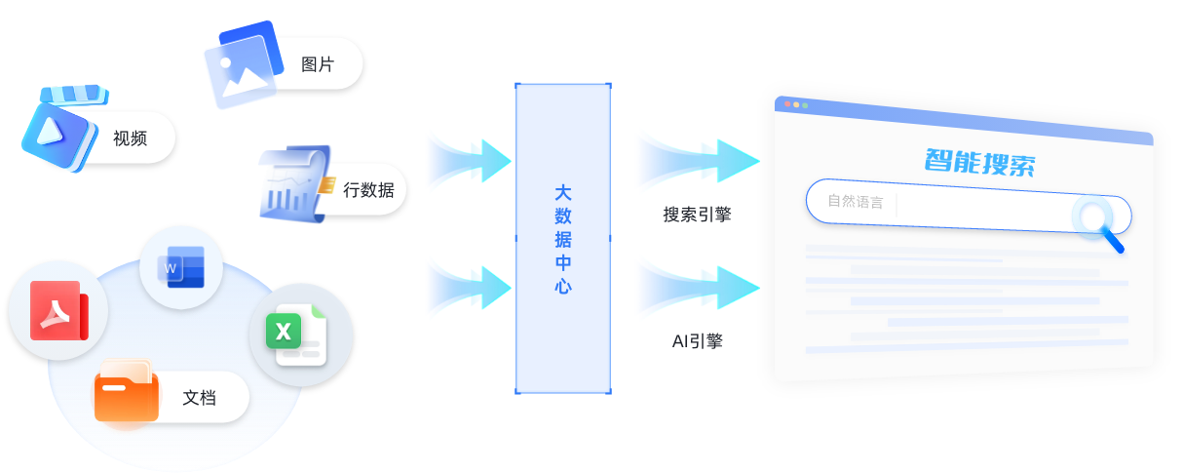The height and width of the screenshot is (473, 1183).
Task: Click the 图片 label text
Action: pos(318,65)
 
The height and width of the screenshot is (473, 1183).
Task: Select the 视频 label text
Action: pos(130,138)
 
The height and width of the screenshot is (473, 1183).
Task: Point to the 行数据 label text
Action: pos(368,190)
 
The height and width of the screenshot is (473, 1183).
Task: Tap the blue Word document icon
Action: pos(182,266)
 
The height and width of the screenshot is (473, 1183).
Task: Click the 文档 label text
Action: pos(200,398)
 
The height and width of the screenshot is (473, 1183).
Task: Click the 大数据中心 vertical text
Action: pos(562,239)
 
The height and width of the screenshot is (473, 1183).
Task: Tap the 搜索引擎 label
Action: pos(697,215)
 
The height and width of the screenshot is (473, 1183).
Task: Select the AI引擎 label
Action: pos(697,341)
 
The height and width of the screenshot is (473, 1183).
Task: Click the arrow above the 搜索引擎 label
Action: pos(696,159)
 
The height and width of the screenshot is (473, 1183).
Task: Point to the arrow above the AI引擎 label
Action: pos(696,287)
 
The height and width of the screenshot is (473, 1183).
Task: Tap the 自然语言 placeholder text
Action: pos(855,202)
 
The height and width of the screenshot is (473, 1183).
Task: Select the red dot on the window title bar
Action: pos(785,102)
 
